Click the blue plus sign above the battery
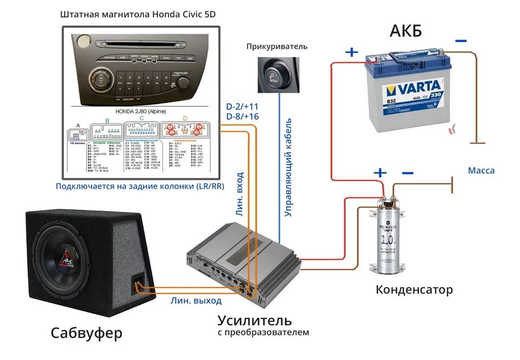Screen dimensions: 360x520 point(352,52)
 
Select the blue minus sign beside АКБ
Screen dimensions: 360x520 point(460,41)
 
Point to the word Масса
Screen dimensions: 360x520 point(481,171)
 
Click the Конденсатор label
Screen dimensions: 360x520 point(414,290)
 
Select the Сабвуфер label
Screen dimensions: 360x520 point(87,332)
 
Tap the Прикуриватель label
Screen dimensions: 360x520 point(276,47)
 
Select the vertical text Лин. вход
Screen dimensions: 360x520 point(239,195)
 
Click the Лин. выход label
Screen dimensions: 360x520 point(196,300)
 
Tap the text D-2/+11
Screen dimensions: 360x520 point(242,106)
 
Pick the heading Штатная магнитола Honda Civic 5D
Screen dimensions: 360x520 point(138,15)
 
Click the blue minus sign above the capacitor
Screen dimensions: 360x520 point(408,173)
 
